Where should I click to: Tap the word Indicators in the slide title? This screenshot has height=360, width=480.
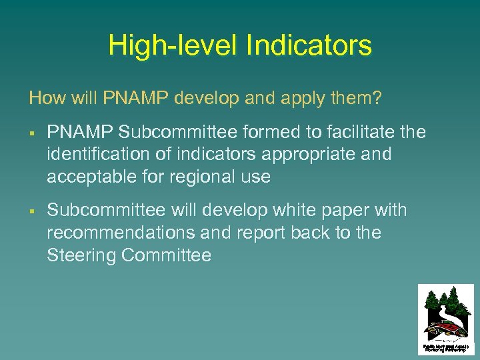(x=309, y=46)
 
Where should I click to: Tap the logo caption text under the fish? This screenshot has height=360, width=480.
(x=446, y=347)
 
